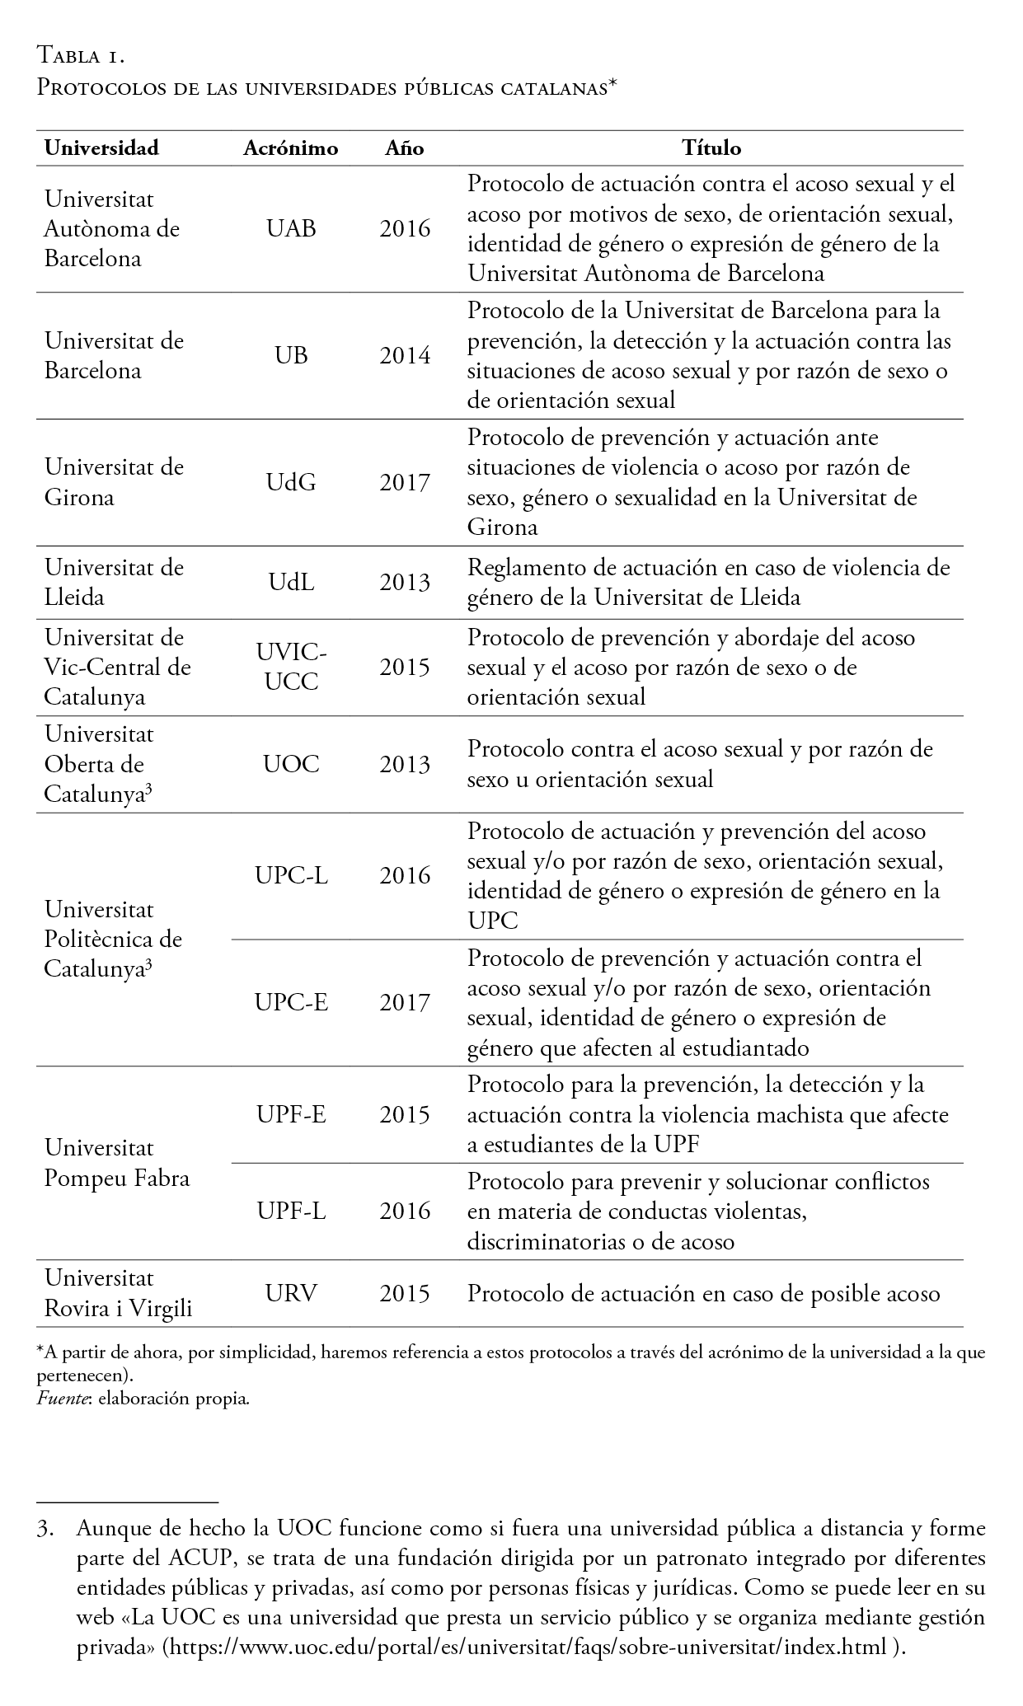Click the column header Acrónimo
[291, 148]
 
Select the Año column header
[405, 148]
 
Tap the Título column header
[711, 148]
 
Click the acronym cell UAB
[291, 228]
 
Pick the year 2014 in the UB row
[405, 355]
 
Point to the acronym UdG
[291, 482]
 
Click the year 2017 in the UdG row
[405, 482]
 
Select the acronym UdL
[291, 583]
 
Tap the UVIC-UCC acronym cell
[291, 668]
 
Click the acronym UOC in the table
[291, 764]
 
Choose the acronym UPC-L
[291, 875]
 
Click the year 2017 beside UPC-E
[405, 1003]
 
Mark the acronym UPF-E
[291, 1115]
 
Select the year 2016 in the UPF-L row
[405, 1211]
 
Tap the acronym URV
[291, 1293]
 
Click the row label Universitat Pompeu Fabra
[117, 1163]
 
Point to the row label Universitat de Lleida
[114, 582]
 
